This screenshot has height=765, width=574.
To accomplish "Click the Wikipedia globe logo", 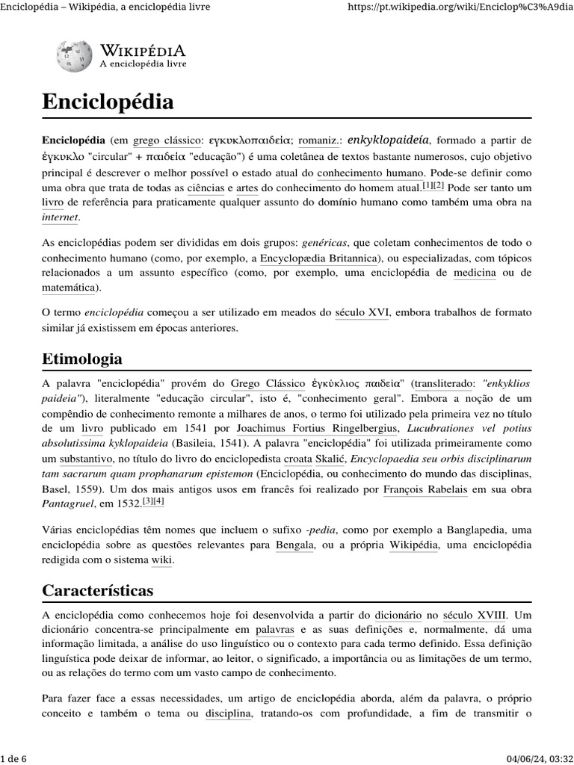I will point(75,56).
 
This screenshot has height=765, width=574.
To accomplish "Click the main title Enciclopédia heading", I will point(108,102).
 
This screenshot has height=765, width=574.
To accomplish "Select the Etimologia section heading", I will point(82,359).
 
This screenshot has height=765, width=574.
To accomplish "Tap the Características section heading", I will point(97,590).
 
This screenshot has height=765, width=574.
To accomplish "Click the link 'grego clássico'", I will point(167,140).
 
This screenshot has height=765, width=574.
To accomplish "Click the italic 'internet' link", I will point(60,217).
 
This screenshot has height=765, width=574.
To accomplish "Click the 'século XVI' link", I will point(362,313).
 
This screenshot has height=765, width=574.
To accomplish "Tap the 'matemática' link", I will point(69,288).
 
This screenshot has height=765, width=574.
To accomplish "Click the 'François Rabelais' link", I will point(424,489).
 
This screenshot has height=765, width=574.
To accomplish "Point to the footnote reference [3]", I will point(147,501).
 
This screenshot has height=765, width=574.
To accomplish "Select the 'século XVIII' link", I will point(473,616).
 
